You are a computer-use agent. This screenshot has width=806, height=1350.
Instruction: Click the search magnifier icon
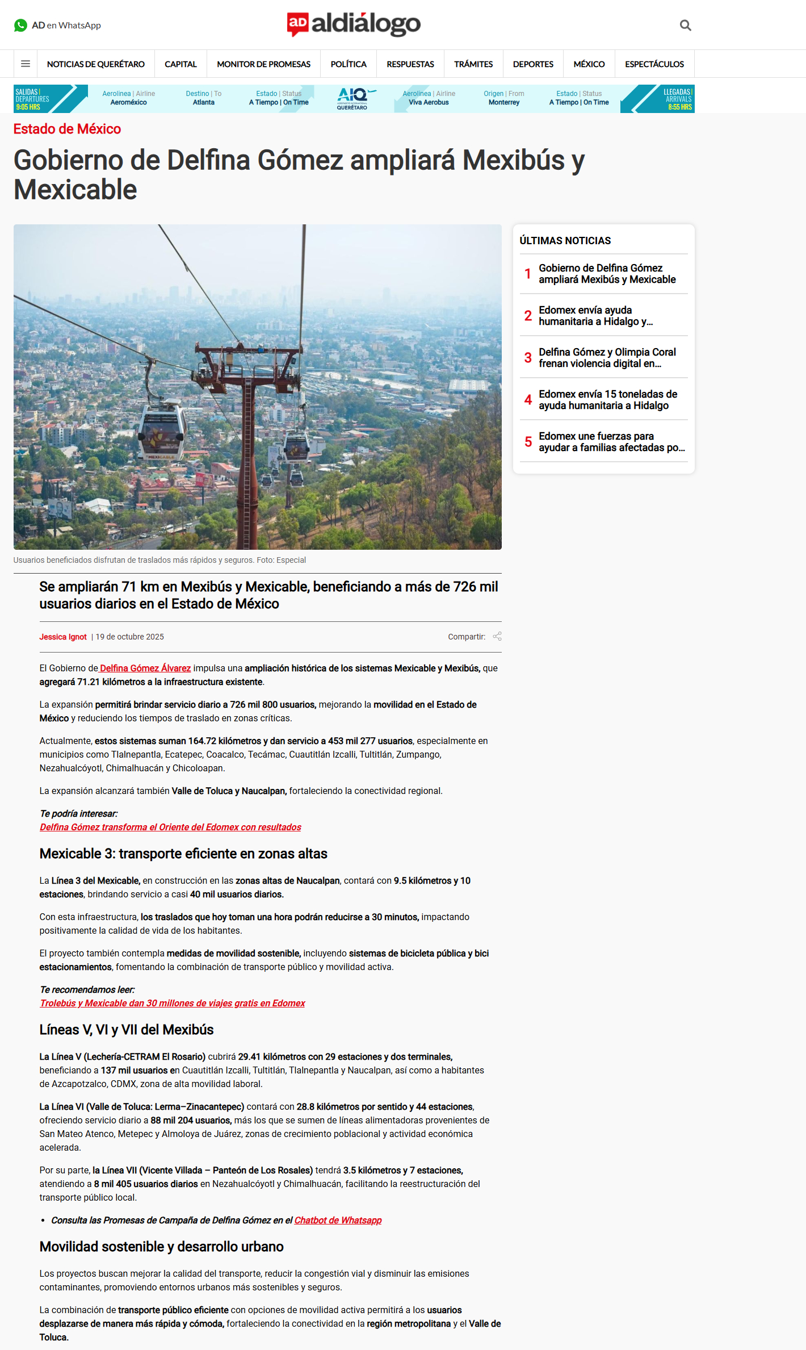pos(685,26)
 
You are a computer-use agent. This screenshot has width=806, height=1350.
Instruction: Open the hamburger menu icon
pos(26,64)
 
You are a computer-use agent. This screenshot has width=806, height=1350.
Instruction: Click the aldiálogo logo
pos(354,24)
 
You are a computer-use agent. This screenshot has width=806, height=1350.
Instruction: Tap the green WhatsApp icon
pos(20,26)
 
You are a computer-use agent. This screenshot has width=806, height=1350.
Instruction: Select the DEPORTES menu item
pos(532,64)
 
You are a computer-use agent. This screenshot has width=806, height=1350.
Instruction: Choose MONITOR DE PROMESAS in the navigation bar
pos(263,64)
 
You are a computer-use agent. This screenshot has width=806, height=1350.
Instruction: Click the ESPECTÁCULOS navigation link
pos(654,64)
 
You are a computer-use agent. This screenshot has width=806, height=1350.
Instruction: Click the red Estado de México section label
pos(67,129)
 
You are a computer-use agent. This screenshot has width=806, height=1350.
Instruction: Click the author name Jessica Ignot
pos(63,637)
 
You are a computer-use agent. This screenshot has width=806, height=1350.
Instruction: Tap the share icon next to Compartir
pos(497,637)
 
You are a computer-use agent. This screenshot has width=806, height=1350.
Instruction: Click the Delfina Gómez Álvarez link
pos(145,668)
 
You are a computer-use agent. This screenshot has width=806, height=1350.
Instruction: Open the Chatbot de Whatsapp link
pos(338,1220)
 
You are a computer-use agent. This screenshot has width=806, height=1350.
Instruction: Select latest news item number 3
pos(607,358)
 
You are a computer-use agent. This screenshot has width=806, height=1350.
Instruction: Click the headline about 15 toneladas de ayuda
pos(607,400)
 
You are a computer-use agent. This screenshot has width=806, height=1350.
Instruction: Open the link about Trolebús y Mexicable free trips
pos(173,1003)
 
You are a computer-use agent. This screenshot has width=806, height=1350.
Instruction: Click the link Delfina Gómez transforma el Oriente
pos(170,827)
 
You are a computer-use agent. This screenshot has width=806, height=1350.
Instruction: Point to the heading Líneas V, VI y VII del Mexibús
pos(127,1030)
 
